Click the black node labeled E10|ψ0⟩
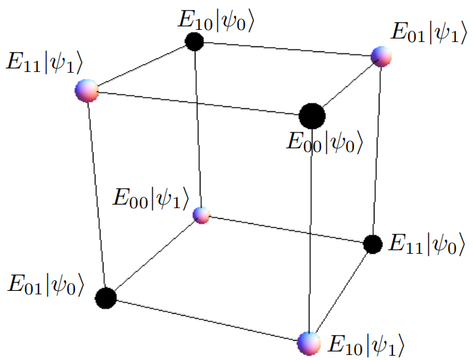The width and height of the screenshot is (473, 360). pos(194,41)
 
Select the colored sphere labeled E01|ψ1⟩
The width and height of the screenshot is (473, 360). pos(382,57)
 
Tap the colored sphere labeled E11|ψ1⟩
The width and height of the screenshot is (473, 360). pos(87,91)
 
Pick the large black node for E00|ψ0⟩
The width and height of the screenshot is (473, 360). pos(311,115)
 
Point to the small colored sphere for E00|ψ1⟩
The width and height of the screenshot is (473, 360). pos(202,214)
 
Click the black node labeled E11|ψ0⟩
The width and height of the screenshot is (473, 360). pos(372,244)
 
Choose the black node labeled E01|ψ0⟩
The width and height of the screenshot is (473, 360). pos(106,297)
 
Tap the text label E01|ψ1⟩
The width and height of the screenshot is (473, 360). pos(427,33)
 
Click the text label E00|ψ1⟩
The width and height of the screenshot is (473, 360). pos(151,197)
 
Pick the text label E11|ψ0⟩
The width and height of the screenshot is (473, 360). pos(426,245)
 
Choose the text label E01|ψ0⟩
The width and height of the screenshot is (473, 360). pos(46,284)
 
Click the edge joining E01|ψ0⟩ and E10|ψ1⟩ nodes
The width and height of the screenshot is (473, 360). pos(207,320)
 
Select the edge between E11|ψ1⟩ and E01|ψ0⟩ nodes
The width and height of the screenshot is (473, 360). pos(96,194)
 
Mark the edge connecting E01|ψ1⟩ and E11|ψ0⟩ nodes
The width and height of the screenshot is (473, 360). pos(377,150)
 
